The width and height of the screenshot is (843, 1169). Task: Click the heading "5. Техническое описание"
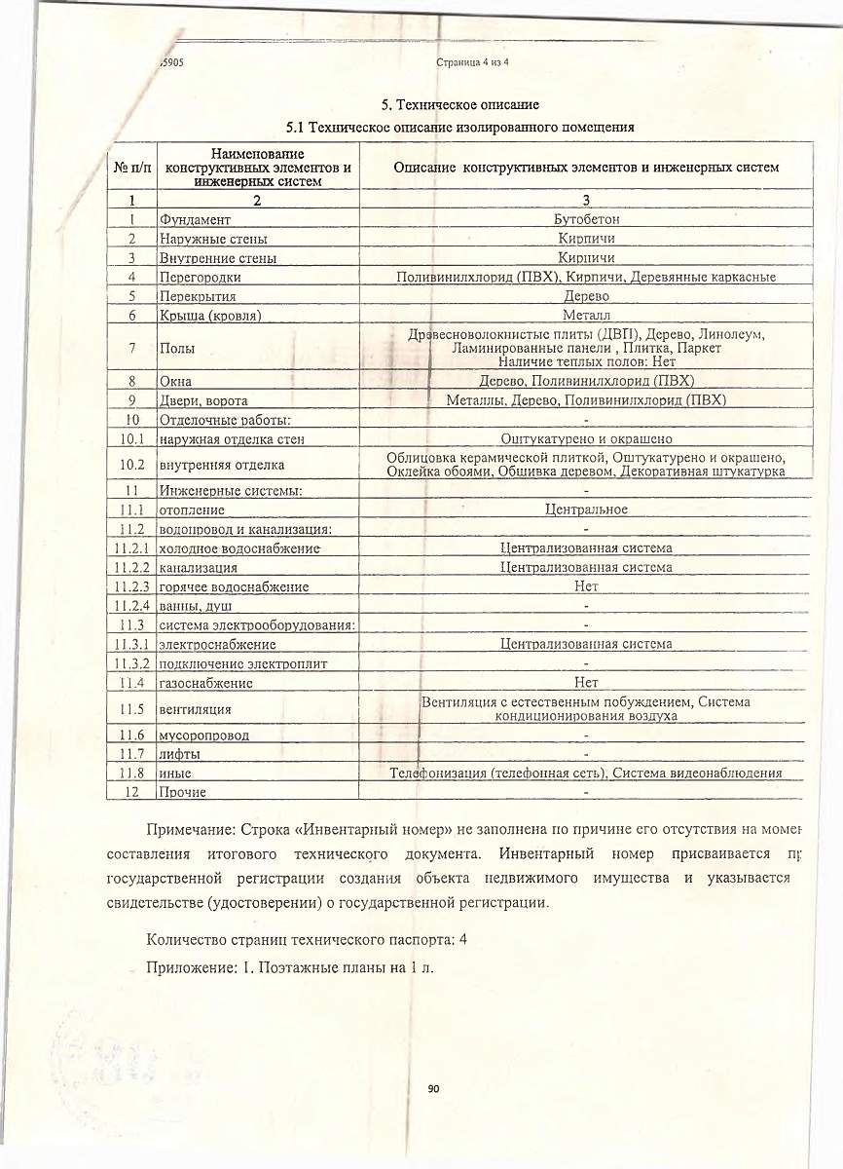tap(459, 104)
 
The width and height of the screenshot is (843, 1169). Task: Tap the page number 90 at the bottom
tap(433, 1088)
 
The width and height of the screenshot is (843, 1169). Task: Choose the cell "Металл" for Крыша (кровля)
tap(586, 315)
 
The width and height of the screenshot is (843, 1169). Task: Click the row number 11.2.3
tap(129, 586)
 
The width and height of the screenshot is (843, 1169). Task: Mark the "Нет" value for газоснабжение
tap(586, 682)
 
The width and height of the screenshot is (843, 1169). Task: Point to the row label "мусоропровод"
tap(203, 735)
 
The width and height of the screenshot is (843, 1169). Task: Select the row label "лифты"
tap(180, 754)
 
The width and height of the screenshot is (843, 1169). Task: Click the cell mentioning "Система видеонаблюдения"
tap(586, 773)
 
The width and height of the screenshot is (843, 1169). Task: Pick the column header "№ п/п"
tap(132, 168)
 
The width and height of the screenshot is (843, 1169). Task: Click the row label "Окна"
tap(176, 381)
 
